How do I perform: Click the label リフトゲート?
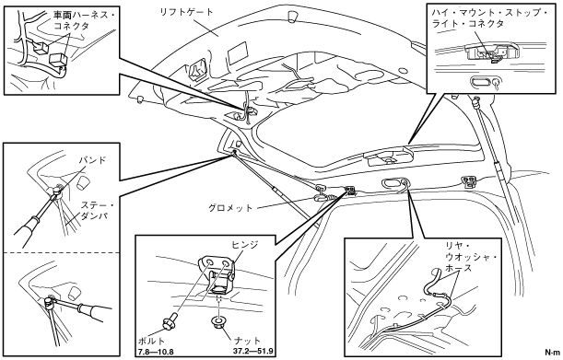tap(186, 13)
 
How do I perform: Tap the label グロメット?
tap(230, 208)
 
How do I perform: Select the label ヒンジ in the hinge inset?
tap(245, 245)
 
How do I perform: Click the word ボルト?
tap(151, 341)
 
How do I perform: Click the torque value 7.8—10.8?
tap(156, 352)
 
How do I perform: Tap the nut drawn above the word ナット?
tap(218, 323)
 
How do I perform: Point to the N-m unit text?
tap(552, 352)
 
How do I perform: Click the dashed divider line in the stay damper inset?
tap(62, 252)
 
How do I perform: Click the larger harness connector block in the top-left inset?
tap(57, 59)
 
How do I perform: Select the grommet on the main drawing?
tap(322, 197)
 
